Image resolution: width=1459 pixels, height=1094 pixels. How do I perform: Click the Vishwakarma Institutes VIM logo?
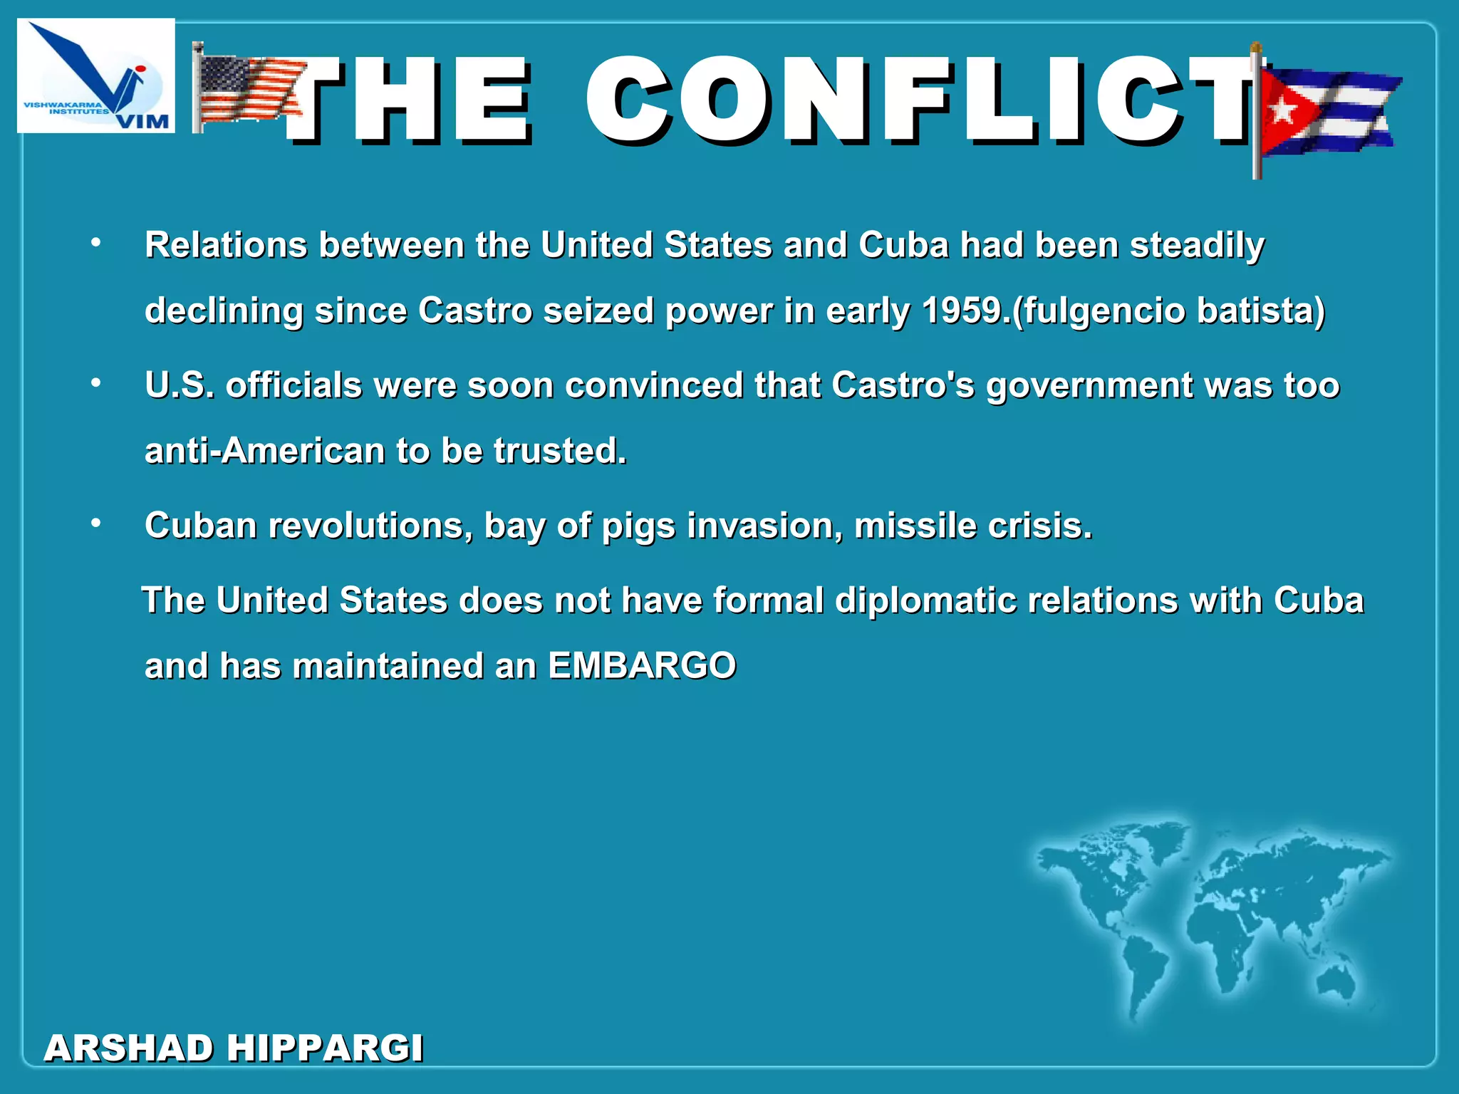95,75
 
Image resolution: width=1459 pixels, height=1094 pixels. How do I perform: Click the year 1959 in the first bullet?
961,311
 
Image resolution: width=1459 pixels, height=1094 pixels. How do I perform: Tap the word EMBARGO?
641,666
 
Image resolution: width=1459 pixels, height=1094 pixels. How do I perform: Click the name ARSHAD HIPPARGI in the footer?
234,1048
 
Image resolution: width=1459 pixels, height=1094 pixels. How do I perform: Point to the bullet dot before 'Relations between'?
96,244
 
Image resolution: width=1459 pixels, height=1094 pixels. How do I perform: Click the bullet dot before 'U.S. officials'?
96,384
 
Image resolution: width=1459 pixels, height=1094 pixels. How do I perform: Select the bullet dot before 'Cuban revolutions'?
96,524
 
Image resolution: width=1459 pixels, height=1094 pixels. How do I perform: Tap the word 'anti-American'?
264,451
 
